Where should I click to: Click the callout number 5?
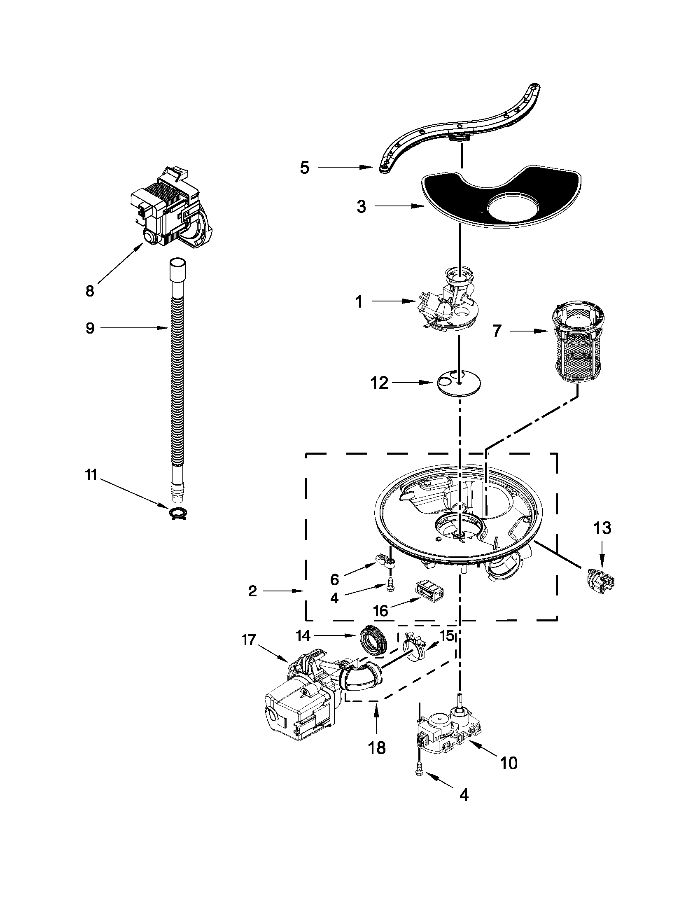click(x=305, y=168)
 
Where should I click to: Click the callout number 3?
click(x=362, y=207)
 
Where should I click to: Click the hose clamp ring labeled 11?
click(x=178, y=514)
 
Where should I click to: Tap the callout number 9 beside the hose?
click(x=90, y=328)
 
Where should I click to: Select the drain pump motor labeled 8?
click(x=170, y=208)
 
